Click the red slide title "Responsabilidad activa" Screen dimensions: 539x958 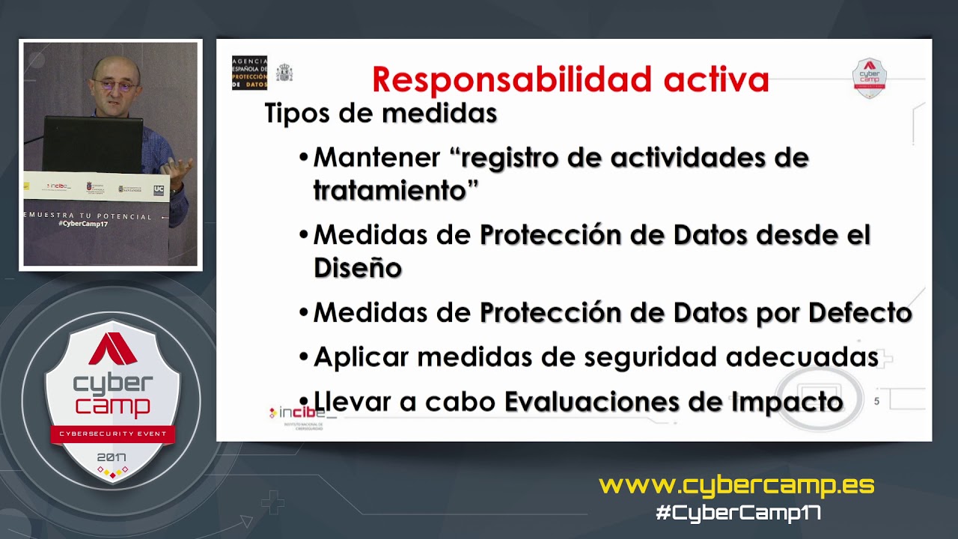pos(570,80)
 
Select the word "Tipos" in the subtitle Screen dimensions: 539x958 pos(295,114)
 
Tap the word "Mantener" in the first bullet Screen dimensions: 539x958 pos(376,158)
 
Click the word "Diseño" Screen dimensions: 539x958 pos(357,268)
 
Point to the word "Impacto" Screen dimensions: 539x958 pos(787,402)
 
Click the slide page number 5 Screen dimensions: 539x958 pos(876,401)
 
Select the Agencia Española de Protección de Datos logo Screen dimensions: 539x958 pos(249,73)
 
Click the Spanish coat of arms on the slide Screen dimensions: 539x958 pos(284,73)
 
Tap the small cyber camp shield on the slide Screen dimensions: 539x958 pos(869,78)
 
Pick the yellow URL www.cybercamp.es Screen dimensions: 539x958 pos(736,485)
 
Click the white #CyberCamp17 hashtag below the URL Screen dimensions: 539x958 pos(738,513)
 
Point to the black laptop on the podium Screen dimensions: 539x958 pos(93,144)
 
